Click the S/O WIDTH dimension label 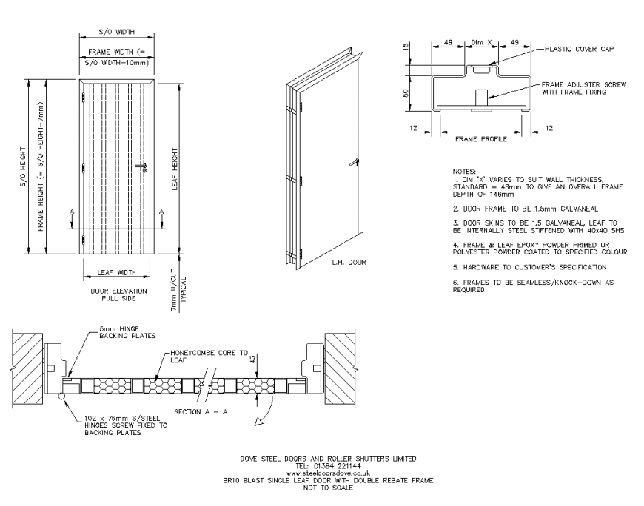click(116, 32)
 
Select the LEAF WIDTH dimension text click(116, 272)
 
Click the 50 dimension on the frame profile click(405, 93)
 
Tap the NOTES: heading click(465, 170)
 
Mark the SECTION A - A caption click(200, 411)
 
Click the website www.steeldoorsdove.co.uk click(326, 473)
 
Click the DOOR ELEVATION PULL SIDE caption click(118, 295)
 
